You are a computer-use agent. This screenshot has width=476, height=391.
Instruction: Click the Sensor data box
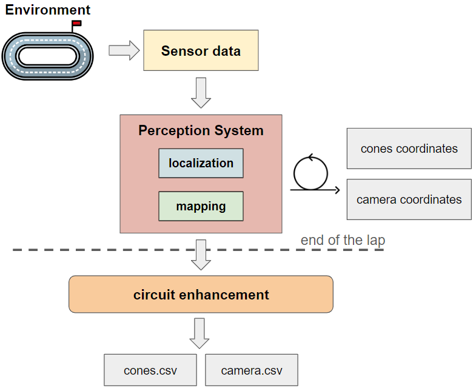click(x=201, y=51)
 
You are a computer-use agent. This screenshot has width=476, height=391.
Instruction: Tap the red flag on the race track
click(x=76, y=24)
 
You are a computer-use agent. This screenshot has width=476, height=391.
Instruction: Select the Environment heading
click(x=48, y=10)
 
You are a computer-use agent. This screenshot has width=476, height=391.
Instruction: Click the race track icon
click(x=48, y=56)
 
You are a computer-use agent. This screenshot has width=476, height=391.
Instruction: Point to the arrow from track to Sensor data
click(x=124, y=50)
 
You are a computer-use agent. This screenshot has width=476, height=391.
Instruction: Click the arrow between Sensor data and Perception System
click(x=201, y=92)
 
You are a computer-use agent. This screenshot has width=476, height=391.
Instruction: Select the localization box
click(x=201, y=163)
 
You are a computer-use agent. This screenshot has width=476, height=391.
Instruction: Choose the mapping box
click(x=201, y=206)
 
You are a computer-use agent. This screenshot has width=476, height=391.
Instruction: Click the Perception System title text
click(x=201, y=130)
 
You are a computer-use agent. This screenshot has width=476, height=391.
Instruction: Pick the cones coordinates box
click(x=409, y=149)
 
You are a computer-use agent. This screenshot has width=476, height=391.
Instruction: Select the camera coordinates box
click(x=409, y=199)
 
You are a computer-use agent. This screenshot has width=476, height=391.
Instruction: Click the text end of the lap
click(x=343, y=241)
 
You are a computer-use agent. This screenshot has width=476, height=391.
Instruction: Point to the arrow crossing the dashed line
click(x=201, y=254)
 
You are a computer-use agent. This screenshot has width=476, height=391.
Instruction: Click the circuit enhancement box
click(x=201, y=295)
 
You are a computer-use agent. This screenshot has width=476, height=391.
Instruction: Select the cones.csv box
click(x=150, y=370)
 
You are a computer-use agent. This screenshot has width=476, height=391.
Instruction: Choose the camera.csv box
click(x=252, y=370)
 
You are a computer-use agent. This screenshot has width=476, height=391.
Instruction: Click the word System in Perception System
click(x=241, y=130)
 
